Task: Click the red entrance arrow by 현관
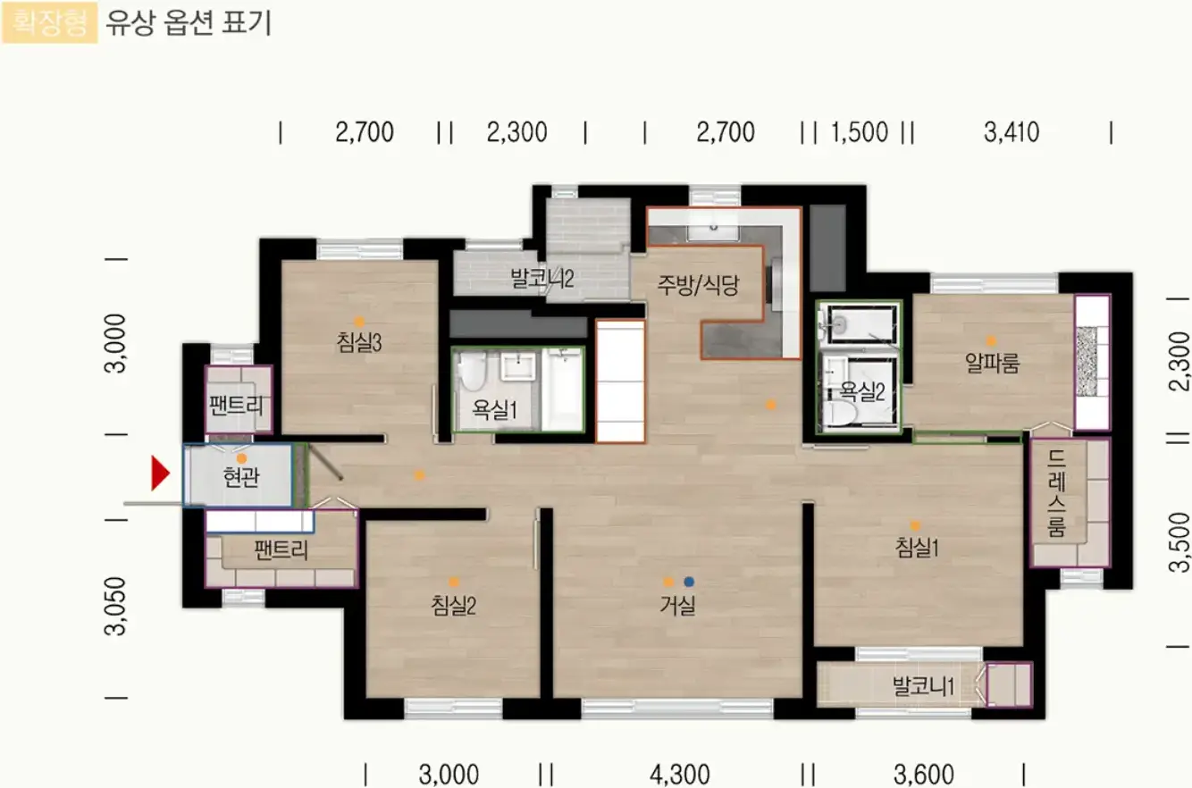point(160,473)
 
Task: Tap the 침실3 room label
point(359,342)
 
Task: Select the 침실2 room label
point(453,606)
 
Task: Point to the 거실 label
point(677,605)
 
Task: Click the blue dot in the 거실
point(689,582)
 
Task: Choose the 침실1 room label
point(917,548)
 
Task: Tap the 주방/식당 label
point(698,285)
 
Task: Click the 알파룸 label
point(992,363)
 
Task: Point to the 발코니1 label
point(923,686)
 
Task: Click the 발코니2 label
point(542,278)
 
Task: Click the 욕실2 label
point(862,392)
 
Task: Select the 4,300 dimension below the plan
point(679,775)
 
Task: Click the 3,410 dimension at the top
point(1012,132)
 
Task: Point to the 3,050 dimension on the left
point(115,606)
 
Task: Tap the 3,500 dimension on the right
point(1179,542)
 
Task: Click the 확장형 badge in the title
point(49,22)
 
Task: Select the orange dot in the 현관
point(241,458)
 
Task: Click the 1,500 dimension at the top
point(860,132)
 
